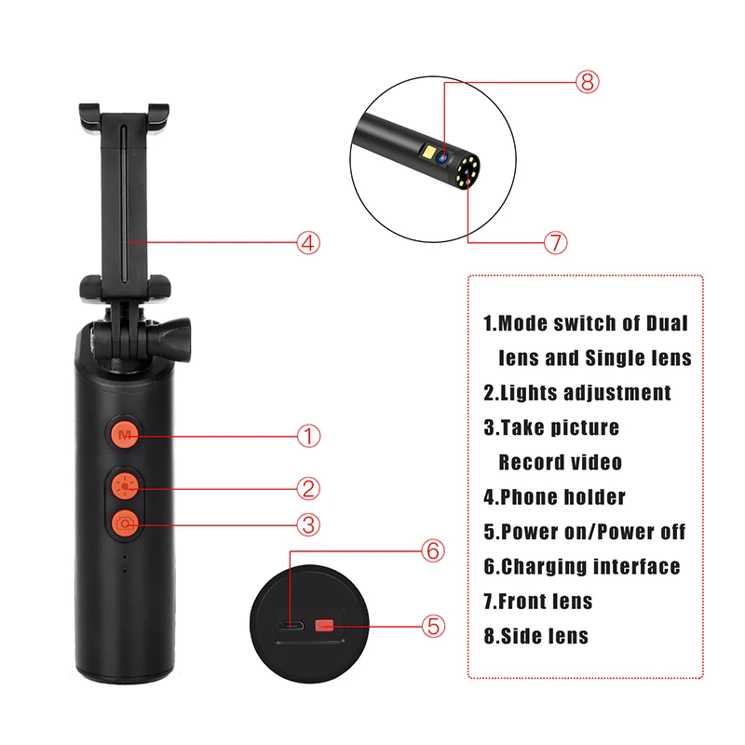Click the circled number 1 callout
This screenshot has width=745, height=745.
coord(308,435)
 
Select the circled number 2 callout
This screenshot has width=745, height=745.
coord(308,487)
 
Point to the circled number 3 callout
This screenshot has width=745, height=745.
coord(308,523)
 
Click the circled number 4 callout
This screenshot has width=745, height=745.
coord(308,242)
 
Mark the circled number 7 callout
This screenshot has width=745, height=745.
coord(555,242)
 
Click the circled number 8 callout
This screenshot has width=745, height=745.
coord(586,82)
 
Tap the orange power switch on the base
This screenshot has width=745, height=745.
coord(324,626)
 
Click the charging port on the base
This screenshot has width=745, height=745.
coord(291,626)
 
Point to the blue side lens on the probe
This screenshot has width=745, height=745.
coord(442,153)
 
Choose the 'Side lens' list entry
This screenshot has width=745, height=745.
coord(535,636)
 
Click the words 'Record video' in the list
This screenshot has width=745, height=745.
coord(560,462)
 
